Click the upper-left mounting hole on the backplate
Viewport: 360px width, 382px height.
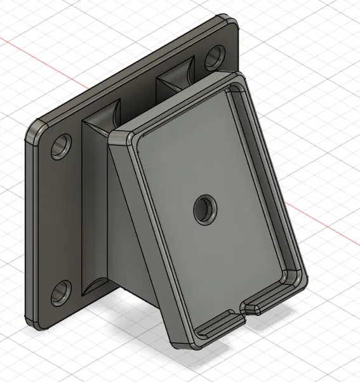[x=62, y=146]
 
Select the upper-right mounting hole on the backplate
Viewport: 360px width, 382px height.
[x=214, y=57]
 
